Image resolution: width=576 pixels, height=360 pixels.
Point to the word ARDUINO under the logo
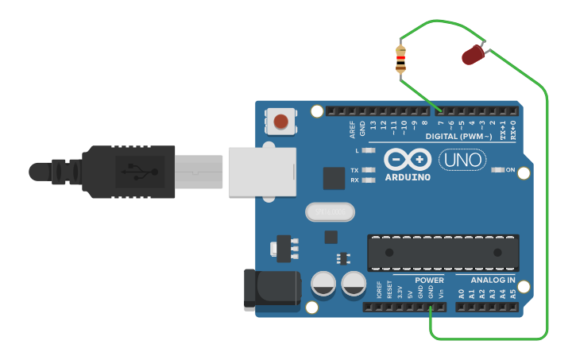(x=408, y=176)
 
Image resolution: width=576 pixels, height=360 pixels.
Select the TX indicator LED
(x=367, y=170)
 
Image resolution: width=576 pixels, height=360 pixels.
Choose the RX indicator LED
(x=367, y=180)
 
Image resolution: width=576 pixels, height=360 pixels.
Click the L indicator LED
(x=367, y=150)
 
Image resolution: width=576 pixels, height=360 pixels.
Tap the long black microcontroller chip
(x=443, y=253)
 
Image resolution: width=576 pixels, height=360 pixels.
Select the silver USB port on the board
(x=261, y=170)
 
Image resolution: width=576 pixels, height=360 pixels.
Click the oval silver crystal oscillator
(x=329, y=212)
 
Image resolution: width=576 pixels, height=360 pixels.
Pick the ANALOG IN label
(x=493, y=280)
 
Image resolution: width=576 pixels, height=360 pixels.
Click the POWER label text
(x=429, y=280)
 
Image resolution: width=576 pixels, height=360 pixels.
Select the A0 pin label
(x=461, y=293)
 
